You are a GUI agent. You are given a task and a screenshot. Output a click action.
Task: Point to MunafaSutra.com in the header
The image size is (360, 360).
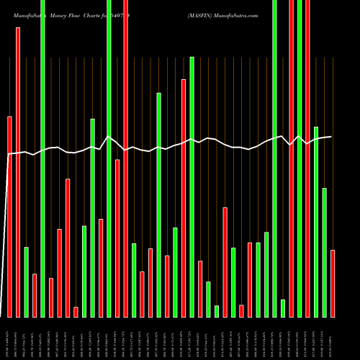237,14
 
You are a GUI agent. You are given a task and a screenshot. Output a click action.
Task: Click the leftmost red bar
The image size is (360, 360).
9,216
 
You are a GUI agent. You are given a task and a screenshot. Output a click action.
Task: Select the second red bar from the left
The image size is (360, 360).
18,173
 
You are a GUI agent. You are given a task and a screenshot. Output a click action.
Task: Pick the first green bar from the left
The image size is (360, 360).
26,282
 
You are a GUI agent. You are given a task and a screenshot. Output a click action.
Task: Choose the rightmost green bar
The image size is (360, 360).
324,252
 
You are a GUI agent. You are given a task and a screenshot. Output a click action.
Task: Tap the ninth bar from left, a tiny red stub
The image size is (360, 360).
76,312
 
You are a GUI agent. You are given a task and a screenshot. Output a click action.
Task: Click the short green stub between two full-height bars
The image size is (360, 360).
283,308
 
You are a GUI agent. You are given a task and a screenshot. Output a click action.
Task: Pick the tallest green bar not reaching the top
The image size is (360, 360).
192,186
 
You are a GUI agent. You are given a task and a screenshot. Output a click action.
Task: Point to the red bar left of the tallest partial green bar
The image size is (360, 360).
184,198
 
